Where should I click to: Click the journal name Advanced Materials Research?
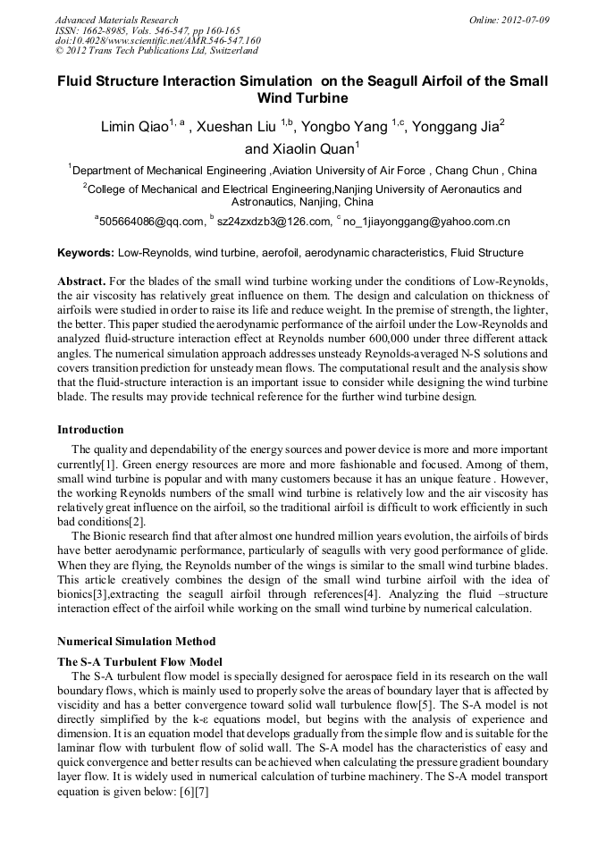[x=116, y=20]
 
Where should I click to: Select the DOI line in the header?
[x=157, y=40]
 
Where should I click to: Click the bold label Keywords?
[x=85, y=254]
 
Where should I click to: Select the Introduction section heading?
[x=90, y=430]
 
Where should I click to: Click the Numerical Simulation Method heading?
[x=136, y=642]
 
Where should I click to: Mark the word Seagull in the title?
[x=394, y=80]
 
